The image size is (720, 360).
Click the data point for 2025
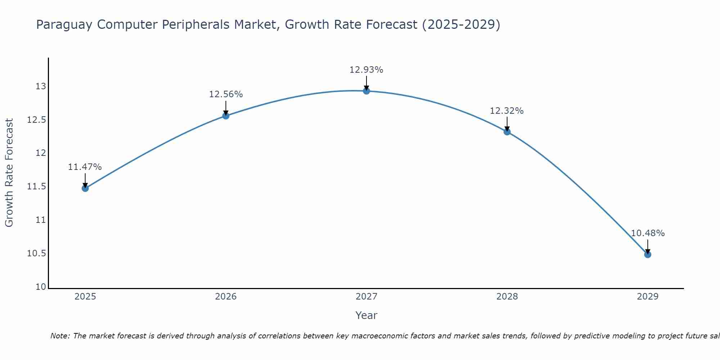pos(85,188)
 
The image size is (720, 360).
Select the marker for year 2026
pos(226,116)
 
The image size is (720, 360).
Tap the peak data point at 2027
pos(366,91)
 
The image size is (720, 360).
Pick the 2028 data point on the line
pos(507,132)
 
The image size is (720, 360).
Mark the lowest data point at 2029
pos(648,255)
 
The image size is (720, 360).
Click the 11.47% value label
pos(85,167)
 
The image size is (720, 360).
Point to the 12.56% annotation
pos(226,94)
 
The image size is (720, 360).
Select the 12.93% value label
pos(366,70)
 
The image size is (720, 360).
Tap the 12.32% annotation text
pos(507,111)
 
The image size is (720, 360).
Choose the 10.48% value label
pos(648,233)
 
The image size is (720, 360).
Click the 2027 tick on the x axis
pos(366,297)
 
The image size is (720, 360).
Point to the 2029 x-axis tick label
pos(648,297)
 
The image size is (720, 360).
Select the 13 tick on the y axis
pos(41,86)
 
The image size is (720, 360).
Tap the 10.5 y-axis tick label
pos(37,253)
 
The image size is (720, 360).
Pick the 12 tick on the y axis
pos(41,153)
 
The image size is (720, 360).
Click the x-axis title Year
pos(366,315)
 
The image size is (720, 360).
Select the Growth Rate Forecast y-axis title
pos(9,173)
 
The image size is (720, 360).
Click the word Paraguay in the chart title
pos(65,25)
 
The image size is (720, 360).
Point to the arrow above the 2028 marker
pos(507,123)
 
